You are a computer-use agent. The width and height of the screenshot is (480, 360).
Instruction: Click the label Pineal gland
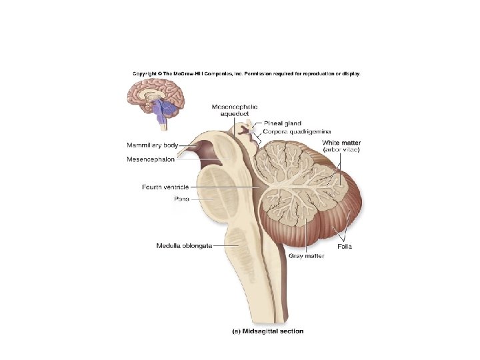pyautogui.click(x=283, y=123)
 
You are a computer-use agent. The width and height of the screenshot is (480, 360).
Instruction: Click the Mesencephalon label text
pyautogui.click(x=151, y=159)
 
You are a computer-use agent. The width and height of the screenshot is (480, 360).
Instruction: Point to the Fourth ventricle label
pyautogui.click(x=165, y=187)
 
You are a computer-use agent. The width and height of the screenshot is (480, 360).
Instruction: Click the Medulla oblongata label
pyautogui.click(x=184, y=245)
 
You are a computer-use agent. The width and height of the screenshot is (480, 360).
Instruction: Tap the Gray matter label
pyautogui.click(x=306, y=255)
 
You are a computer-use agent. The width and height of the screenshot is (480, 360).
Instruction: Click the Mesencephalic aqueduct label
pyautogui.click(x=235, y=110)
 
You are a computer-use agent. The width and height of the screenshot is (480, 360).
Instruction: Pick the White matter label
pyautogui.click(x=341, y=143)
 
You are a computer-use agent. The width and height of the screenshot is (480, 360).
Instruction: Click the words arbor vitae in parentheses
pyautogui.click(x=341, y=150)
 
